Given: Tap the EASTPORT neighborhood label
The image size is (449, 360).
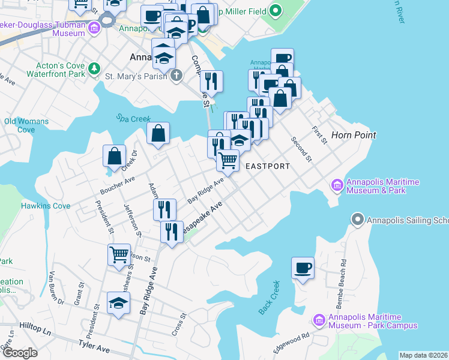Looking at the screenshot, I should click(x=268, y=166).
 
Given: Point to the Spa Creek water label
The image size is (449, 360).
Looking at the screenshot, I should click(x=133, y=119).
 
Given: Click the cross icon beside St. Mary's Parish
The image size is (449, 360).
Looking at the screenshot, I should click(x=176, y=76).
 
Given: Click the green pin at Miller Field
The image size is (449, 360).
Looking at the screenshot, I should click(x=275, y=10).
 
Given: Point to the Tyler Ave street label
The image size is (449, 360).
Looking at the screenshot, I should click(x=94, y=347).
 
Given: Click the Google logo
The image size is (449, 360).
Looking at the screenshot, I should click(x=20, y=353).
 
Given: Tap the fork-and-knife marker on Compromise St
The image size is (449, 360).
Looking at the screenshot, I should click(x=211, y=81).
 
